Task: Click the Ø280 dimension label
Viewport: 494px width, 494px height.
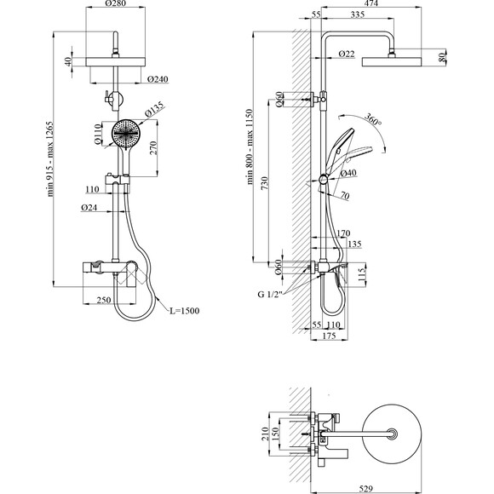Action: point(115,3)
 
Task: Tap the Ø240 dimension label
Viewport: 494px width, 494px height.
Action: point(158,78)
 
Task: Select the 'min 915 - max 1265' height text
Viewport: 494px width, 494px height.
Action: point(50,159)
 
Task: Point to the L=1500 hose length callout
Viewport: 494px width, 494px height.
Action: point(185,311)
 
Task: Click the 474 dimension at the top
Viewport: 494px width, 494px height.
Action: point(370,3)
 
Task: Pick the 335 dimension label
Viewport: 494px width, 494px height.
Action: point(357,14)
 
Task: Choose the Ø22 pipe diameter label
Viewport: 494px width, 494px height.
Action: point(347,54)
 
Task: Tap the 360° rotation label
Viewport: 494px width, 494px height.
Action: point(373,118)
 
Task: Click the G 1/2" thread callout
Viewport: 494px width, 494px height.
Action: point(269,294)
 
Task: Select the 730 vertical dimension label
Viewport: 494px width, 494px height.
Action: point(264,183)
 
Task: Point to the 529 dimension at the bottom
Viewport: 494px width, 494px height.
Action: point(365,489)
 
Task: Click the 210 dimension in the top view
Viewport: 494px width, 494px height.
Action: point(265,434)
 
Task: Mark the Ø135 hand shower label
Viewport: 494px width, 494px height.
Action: point(154,109)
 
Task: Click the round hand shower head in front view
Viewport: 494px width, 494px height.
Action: point(125,134)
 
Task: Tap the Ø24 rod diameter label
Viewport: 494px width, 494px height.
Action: point(89,207)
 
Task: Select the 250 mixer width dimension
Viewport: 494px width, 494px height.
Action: point(104,300)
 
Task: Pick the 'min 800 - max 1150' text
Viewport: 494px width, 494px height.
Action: point(250,146)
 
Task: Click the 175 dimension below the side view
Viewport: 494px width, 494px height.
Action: point(330,336)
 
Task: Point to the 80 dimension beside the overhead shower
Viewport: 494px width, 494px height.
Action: point(442,57)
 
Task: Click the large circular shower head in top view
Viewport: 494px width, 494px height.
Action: point(392,434)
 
